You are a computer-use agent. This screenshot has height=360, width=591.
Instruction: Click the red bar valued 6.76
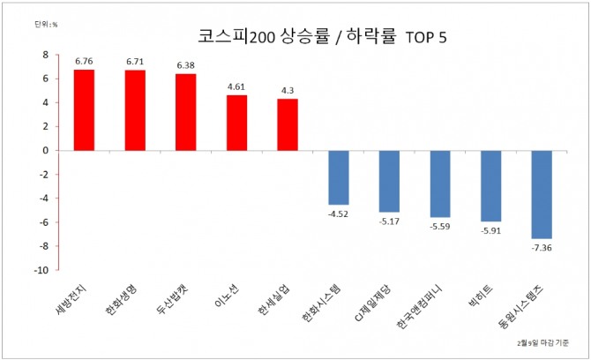point(84,109)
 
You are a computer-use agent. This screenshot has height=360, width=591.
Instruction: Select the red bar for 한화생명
point(135,110)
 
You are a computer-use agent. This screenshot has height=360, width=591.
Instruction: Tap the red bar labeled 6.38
point(186,112)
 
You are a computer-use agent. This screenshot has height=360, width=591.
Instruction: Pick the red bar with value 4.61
point(237,123)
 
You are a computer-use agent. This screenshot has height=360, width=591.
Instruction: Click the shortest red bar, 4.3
point(288,124)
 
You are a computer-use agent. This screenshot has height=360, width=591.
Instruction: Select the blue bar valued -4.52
point(339,176)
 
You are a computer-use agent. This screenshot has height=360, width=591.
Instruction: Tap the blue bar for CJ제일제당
point(390,181)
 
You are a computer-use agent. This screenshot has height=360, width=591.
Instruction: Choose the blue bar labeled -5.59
point(440,184)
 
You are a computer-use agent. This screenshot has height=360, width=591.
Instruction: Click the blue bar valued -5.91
point(491,185)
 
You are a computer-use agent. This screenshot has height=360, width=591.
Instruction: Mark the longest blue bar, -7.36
point(542,194)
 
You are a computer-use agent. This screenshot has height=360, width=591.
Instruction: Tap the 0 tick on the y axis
point(45,150)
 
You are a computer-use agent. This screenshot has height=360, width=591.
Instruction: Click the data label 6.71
point(135,63)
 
